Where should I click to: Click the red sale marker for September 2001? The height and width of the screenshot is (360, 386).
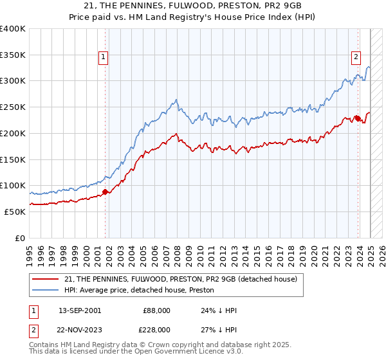click(x=105, y=192)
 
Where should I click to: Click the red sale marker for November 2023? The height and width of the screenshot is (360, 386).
click(x=357, y=118)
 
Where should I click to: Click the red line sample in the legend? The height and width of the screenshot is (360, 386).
click(x=44, y=279)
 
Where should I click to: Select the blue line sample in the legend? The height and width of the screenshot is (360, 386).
click(x=44, y=290)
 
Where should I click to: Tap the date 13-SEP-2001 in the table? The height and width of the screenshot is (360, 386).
click(x=80, y=310)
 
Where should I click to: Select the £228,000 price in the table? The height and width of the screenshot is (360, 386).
click(x=156, y=330)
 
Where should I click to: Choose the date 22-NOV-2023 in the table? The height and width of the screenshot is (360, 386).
click(x=80, y=330)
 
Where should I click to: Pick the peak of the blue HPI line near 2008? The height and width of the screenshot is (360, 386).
click(x=176, y=100)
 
